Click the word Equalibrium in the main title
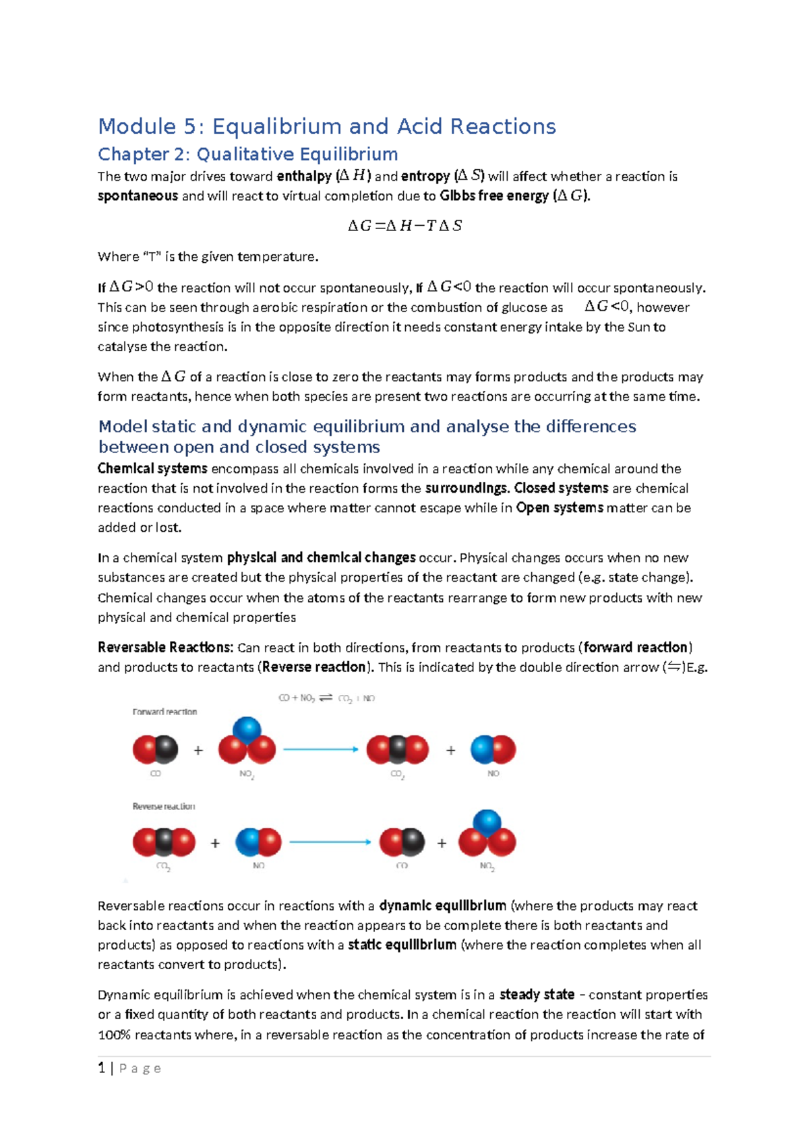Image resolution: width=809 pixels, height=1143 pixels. point(277,127)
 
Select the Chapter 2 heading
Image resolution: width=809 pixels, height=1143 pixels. point(247,154)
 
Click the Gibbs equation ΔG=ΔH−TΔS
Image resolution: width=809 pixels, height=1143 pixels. point(404,226)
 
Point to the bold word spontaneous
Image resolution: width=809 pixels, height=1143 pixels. point(138,196)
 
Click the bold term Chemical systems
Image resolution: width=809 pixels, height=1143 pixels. point(152,468)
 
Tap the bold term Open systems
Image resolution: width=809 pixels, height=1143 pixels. point(559,507)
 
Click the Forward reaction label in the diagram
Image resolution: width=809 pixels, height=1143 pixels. point(164,712)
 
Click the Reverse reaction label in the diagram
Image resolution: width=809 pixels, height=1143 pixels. point(164,806)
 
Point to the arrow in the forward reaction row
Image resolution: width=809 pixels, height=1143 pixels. point(321,749)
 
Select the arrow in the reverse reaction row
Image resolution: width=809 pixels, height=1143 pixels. point(330,842)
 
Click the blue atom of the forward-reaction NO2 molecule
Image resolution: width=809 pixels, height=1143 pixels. point(247,730)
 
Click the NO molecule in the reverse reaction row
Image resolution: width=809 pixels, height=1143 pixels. point(258,842)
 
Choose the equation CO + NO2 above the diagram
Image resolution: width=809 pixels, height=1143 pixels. point(326,698)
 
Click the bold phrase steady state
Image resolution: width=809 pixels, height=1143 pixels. point(537,995)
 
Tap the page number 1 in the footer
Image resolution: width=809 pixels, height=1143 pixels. point(101,1068)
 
